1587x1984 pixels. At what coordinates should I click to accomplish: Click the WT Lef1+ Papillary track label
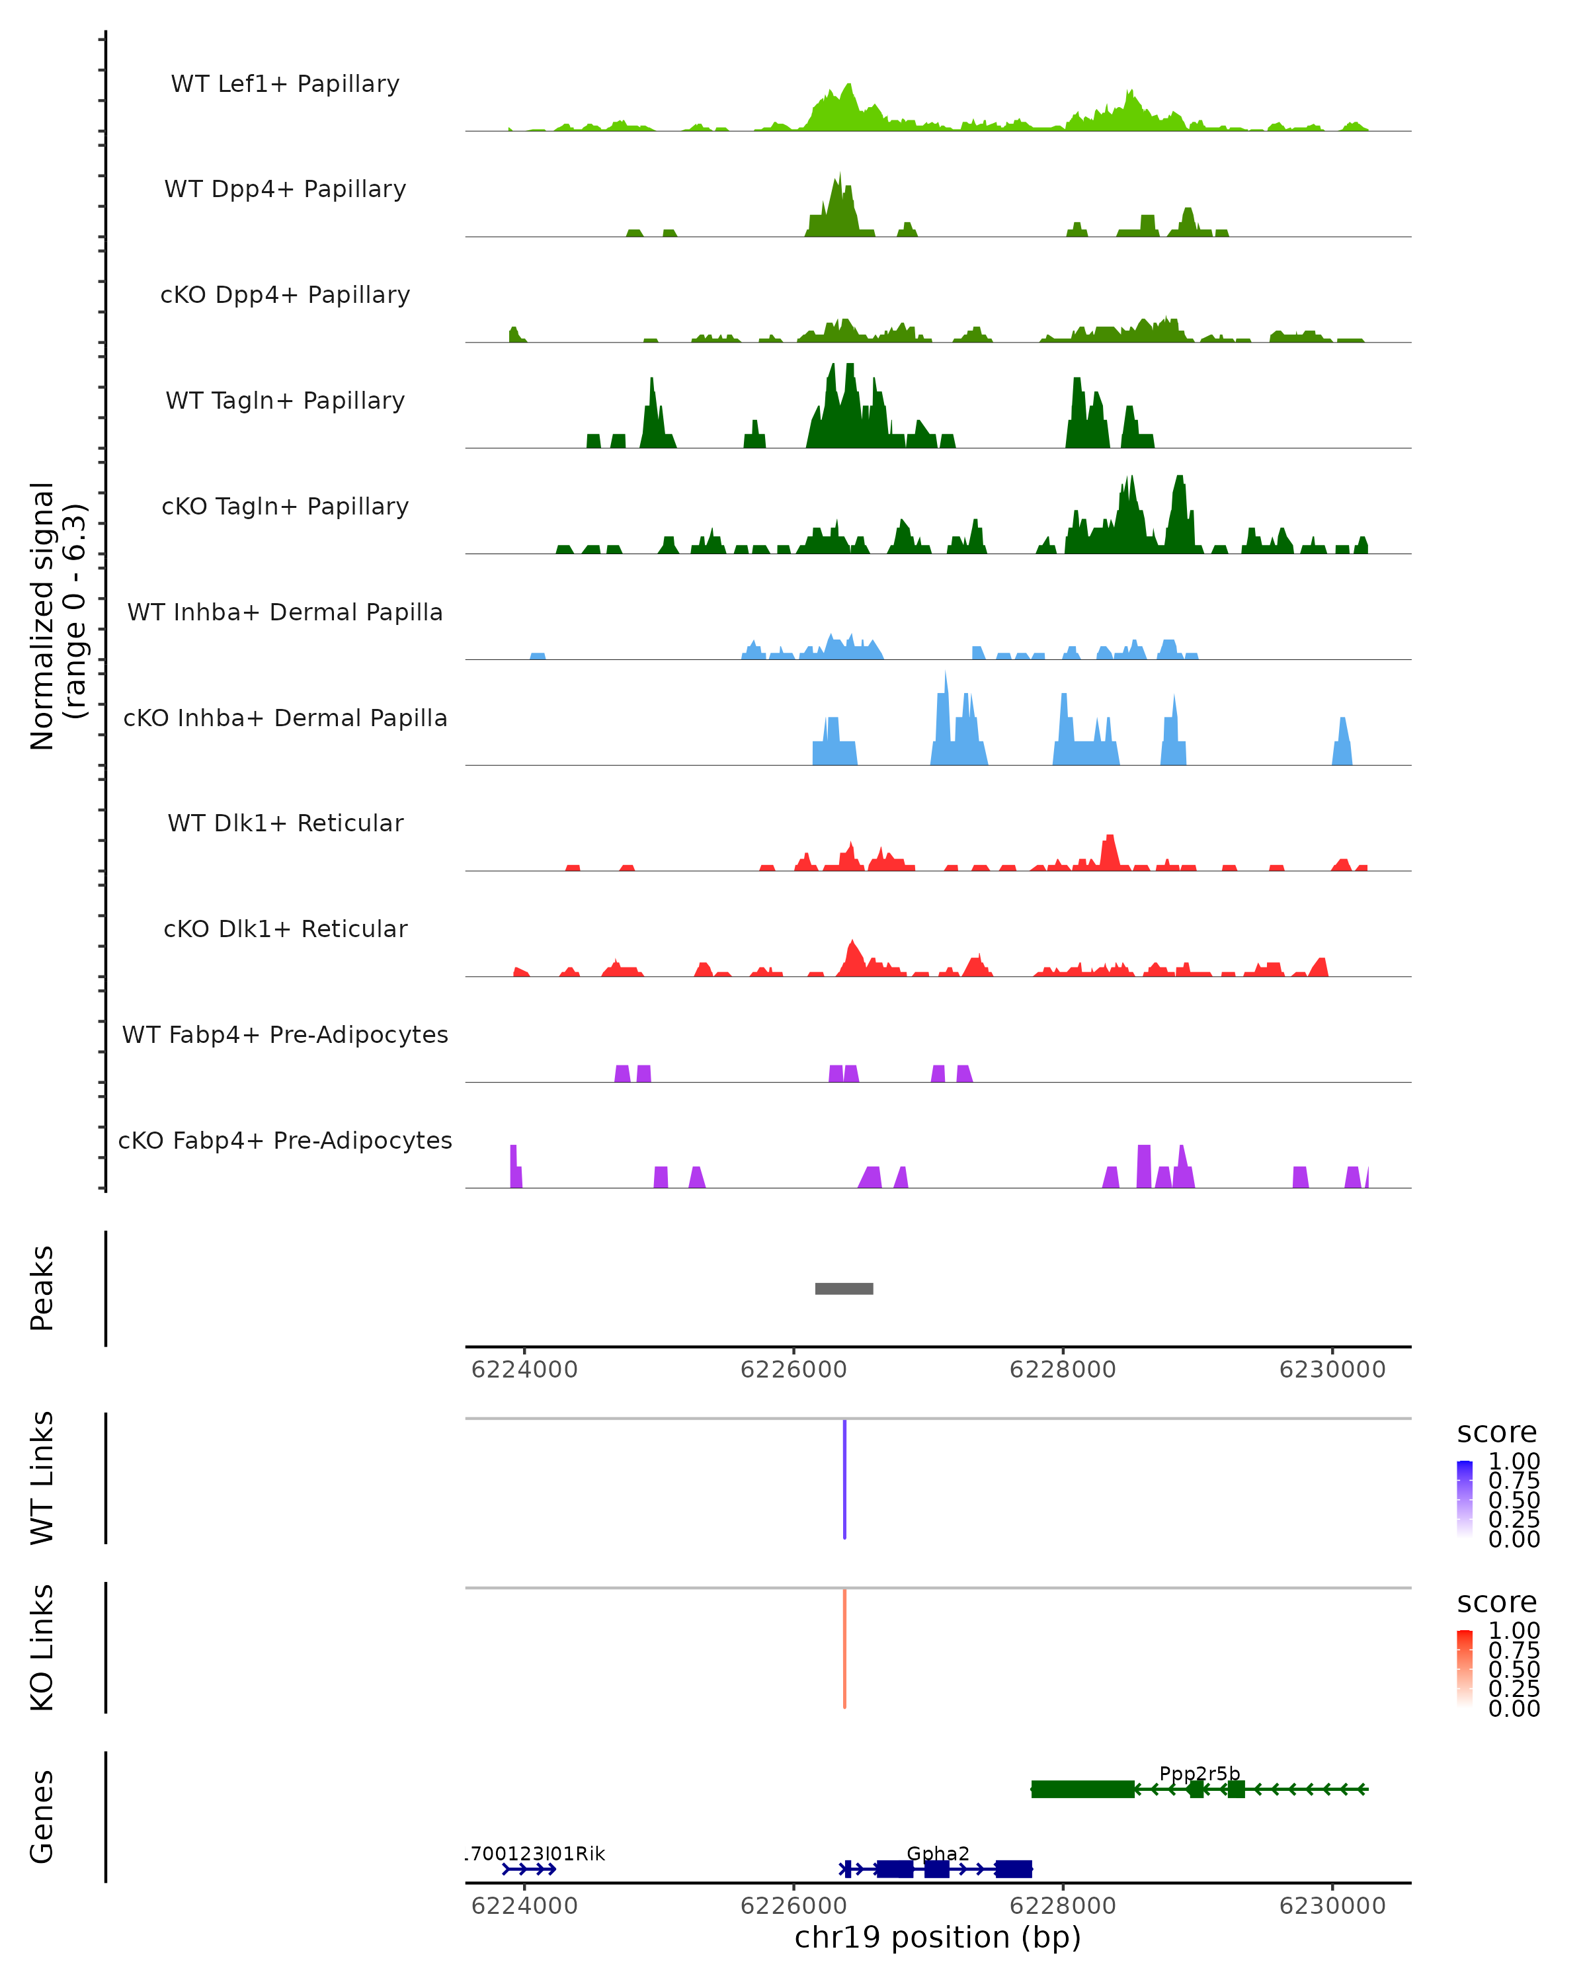[x=285, y=84]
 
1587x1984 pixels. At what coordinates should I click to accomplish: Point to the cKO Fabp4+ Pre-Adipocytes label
[x=285, y=1140]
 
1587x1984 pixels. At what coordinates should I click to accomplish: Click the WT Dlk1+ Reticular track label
[x=285, y=823]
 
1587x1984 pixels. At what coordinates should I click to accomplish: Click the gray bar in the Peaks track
[x=844, y=1288]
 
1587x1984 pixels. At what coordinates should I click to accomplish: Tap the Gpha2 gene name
[x=938, y=1853]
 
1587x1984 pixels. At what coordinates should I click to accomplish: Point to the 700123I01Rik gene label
[x=536, y=1853]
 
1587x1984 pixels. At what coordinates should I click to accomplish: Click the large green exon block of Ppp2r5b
[x=1083, y=1789]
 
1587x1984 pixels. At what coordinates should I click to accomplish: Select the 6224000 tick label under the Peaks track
[x=524, y=1370]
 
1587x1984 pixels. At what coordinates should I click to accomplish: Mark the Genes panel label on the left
[x=42, y=1817]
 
